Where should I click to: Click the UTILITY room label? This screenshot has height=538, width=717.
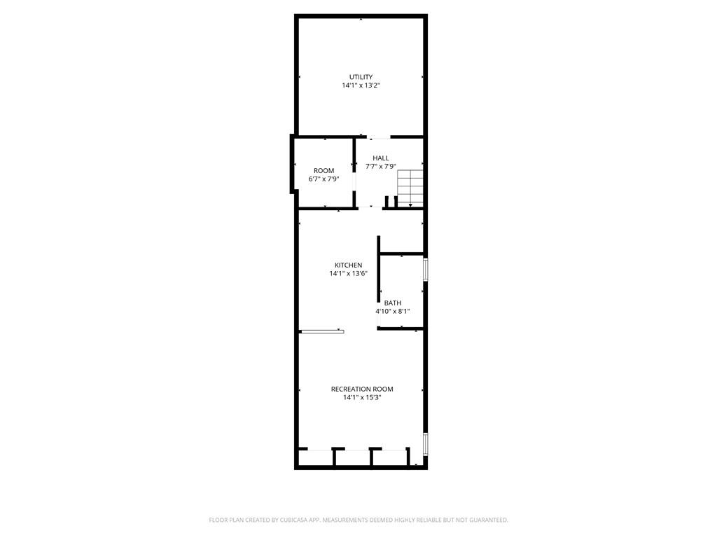[x=361, y=77]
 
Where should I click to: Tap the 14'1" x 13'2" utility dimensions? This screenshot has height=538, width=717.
[x=361, y=85]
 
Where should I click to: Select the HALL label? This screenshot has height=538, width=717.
[x=381, y=158]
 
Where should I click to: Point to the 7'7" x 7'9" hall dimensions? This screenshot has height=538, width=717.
[x=381, y=167]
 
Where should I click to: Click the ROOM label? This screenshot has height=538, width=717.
[x=323, y=171]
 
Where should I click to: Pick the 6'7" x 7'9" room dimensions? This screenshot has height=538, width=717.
[x=323, y=179]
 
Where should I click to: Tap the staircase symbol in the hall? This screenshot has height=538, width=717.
[x=411, y=187]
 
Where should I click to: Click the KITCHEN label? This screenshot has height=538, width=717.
[x=348, y=265]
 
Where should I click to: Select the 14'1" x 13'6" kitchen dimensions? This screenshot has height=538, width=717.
[x=348, y=273]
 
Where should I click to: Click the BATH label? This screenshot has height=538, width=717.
[x=392, y=303]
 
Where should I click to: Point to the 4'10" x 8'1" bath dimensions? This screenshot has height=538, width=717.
[x=392, y=311]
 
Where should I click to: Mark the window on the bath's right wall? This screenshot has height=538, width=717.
[x=425, y=270]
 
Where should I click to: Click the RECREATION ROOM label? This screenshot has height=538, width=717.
[x=362, y=389]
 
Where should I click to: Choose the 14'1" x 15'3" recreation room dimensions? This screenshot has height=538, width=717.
[x=362, y=397]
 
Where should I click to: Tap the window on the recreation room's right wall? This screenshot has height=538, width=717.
[x=425, y=444]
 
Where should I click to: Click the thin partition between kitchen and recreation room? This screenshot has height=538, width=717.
[x=322, y=331]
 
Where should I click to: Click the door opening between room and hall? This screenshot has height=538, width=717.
[x=354, y=182]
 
